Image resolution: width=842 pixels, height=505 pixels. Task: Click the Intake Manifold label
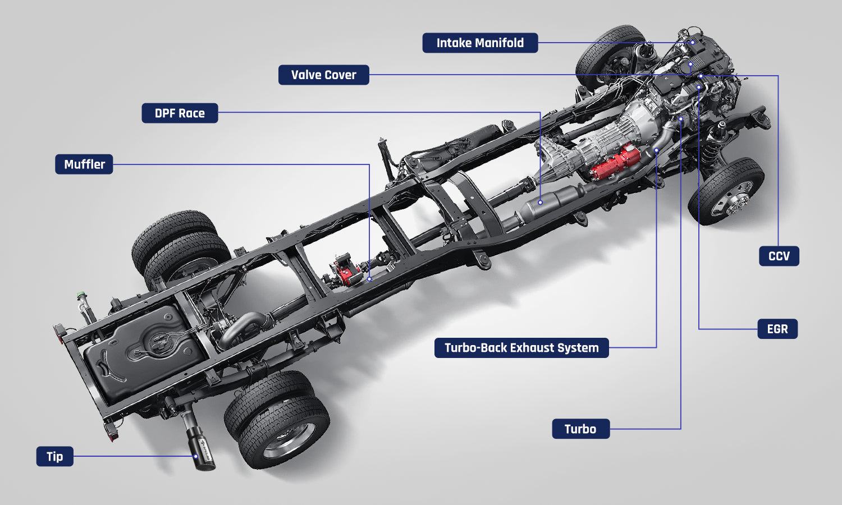click(x=480, y=43)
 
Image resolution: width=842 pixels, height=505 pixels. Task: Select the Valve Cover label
click(x=323, y=75)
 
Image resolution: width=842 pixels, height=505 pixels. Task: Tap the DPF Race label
click(x=180, y=113)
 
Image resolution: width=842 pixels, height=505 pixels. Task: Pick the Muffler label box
click(x=84, y=164)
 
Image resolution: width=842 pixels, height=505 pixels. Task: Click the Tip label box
click(x=55, y=456)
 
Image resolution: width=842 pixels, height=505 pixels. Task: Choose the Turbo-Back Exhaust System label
click(x=521, y=347)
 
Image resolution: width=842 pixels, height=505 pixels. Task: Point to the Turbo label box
click(x=580, y=429)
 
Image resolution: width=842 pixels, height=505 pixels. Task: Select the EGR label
click(x=777, y=329)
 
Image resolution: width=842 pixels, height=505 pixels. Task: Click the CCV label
click(x=779, y=256)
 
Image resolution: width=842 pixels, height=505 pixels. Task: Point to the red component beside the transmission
click(x=615, y=163)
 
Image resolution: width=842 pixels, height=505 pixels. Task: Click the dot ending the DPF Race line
click(x=540, y=202)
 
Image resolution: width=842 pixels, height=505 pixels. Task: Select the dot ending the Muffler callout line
click(x=369, y=278)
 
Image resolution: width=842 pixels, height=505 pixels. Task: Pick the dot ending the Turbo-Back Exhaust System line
click(x=656, y=150)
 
